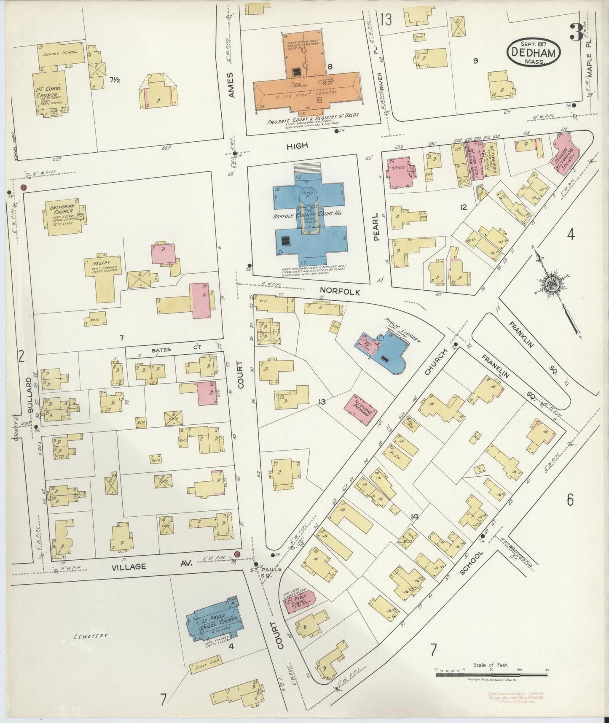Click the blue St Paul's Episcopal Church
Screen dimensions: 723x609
point(214,623)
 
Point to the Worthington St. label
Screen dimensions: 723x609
point(522,553)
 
